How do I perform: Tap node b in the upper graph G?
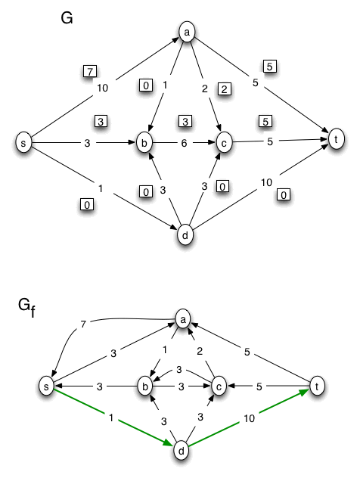click(x=144, y=141)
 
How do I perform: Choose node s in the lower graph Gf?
click(x=47, y=386)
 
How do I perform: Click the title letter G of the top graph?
click(x=67, y=18)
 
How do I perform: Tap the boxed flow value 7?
click(x=88, y=71)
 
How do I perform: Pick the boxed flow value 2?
click(x=224, y=89)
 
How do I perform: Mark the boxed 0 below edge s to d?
click(x=88, y=204)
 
